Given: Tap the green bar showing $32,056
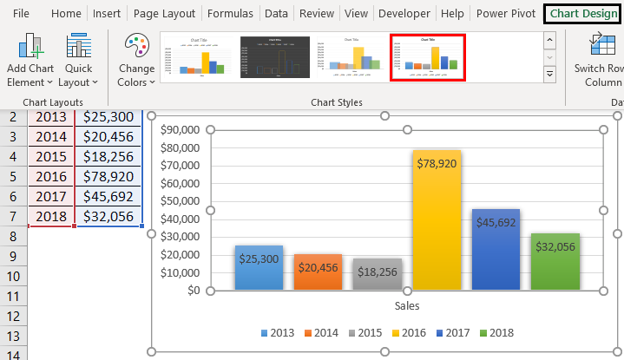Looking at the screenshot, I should (555, 261).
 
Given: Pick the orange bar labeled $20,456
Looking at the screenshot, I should (319, 272).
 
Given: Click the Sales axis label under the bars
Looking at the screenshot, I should (407, 305).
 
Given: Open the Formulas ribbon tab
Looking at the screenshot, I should (230, 14).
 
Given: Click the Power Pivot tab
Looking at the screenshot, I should (505, 14).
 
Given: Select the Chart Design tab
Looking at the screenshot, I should (583, 14).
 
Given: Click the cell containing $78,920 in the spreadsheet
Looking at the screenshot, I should (108, 177).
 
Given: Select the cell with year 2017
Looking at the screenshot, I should (50, 197).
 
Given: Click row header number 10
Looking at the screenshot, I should (13, 277).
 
